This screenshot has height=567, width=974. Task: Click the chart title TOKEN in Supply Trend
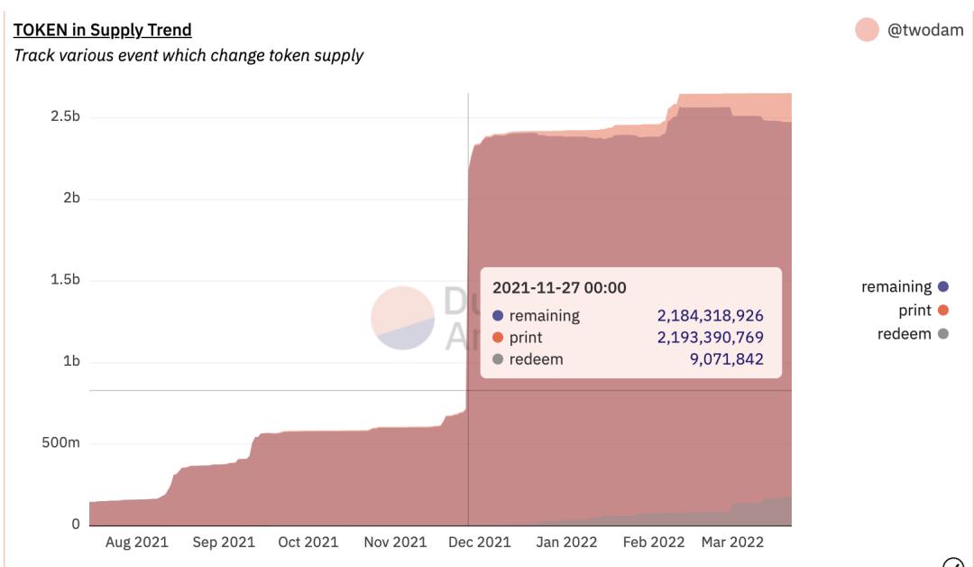click(x=101, y=31)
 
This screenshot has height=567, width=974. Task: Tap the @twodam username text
click(x=926, y=31)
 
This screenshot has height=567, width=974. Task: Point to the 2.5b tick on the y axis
click(x=63, y=117)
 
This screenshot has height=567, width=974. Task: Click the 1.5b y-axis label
click(x=63, y=280)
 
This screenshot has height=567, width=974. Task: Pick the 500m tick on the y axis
click(x=60, y=443)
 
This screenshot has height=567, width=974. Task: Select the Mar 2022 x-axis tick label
click(x=732, y=542)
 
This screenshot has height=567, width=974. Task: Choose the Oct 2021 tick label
click(x=308, y=542)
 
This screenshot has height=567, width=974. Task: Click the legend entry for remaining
click(x=896, y=287)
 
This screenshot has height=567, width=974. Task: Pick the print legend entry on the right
click(x=915, y=311)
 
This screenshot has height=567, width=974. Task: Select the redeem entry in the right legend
click(x=905, y=334)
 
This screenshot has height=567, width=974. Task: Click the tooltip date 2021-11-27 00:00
click(x=559, y=288)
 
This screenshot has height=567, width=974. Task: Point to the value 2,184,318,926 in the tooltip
click(x=711, y=316)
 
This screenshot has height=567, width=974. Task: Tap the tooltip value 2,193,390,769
click(x=711, y=338)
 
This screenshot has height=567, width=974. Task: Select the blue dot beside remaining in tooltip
click(x=498, y=316)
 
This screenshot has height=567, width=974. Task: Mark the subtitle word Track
click(x=32, y=56)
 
